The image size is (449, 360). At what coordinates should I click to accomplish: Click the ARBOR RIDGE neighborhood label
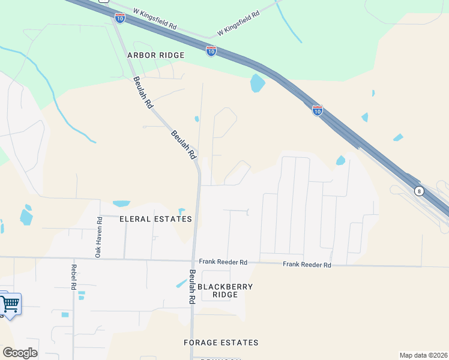coord(156,55)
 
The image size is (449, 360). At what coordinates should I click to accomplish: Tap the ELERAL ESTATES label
coord(155,219)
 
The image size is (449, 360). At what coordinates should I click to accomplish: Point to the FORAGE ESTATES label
coord(221,343)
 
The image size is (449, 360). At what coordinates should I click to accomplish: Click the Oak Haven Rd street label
coord(99,237)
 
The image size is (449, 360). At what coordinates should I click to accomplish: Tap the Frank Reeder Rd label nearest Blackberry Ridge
coord(223,263)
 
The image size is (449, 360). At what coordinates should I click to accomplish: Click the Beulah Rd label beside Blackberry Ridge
coord(193,286)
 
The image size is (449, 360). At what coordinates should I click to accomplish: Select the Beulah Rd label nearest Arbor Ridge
coord(143,92)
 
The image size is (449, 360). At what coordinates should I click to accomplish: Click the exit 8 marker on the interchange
coord(419,191)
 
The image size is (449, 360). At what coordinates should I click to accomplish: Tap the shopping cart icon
coord(10,304)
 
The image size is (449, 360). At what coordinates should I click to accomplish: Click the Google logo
coord(20,353)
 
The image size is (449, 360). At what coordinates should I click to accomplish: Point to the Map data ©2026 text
coord(423,355)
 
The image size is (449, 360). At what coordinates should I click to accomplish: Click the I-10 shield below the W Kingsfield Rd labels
coord(211,51)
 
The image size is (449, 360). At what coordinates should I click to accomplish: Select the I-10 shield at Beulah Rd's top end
coord(120,18)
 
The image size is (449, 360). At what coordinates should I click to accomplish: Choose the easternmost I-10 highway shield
coord(317,110)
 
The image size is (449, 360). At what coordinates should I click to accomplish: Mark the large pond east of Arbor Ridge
coord(258,83)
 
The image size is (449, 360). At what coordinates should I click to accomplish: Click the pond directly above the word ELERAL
coord(121,203)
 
